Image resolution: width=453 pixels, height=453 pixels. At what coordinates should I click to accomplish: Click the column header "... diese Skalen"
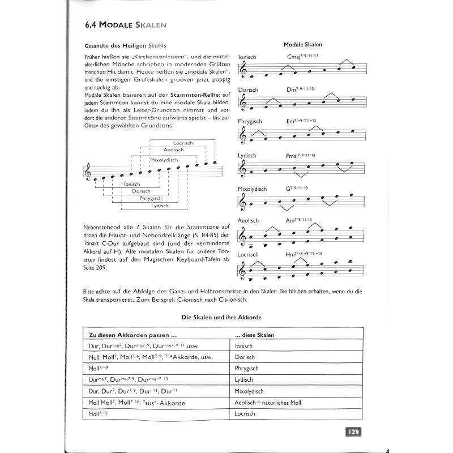[x=254, y=335]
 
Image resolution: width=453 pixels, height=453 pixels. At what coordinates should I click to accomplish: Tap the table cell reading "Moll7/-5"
[x=99, y=414]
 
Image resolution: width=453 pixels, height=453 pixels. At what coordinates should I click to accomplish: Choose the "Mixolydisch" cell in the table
[x=250, y=391]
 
